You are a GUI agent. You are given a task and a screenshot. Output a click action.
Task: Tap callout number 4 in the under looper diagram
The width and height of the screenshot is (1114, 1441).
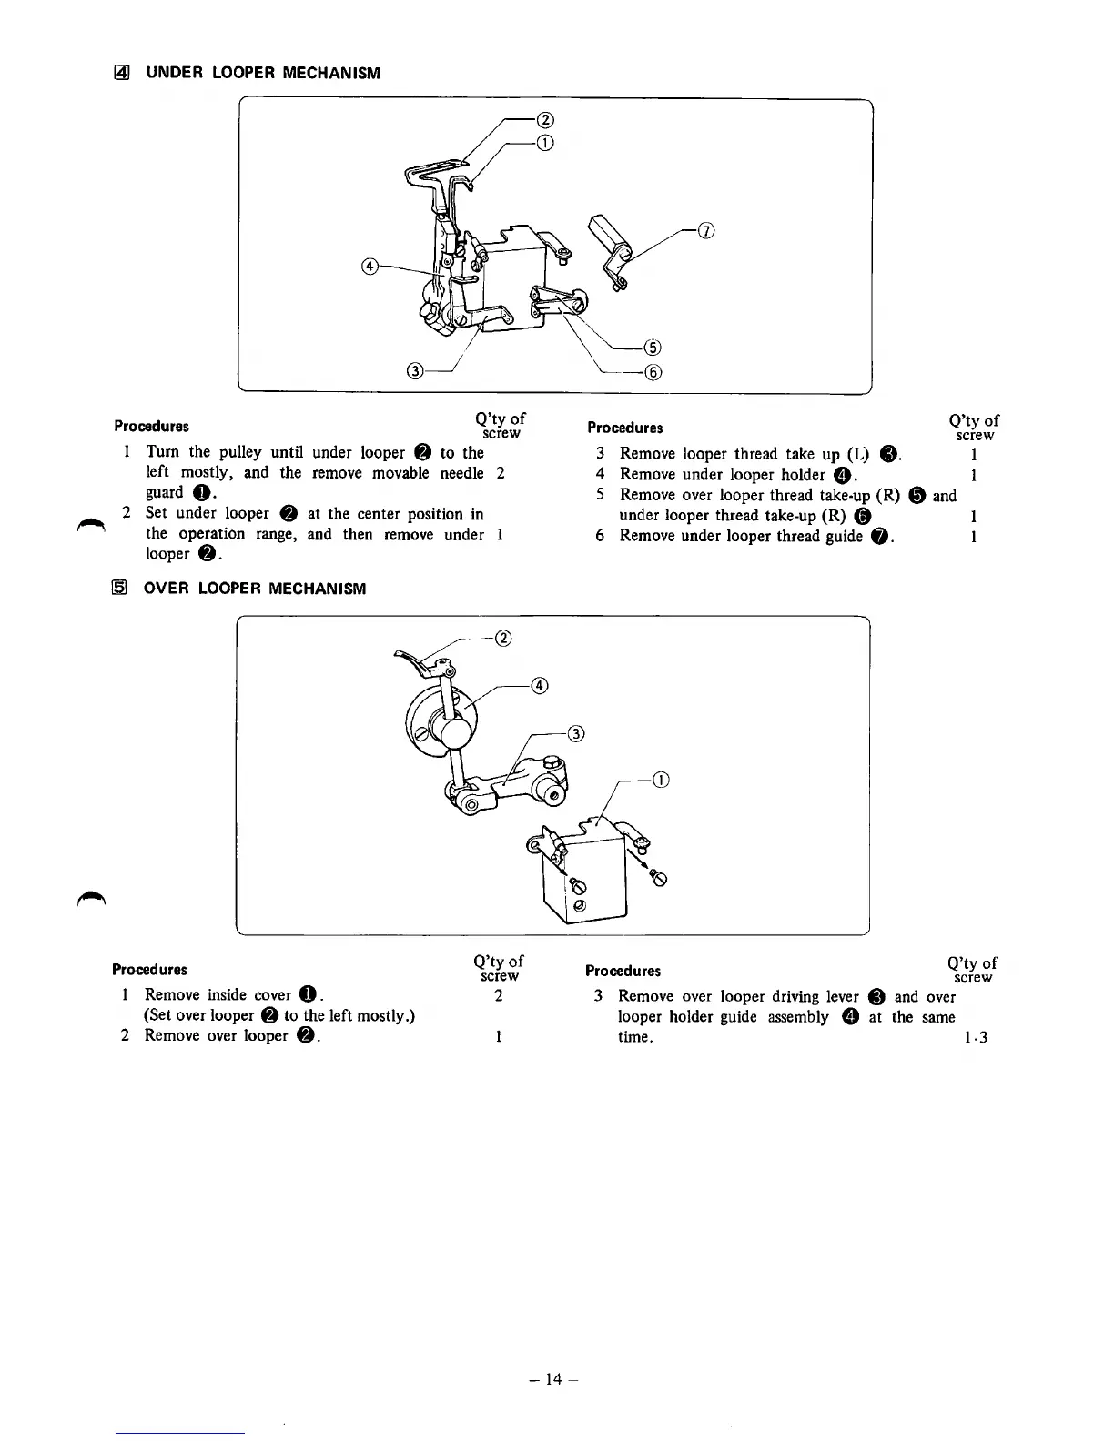point(369,266)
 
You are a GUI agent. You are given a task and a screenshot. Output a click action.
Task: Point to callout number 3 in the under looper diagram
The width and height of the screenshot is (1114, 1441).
point(415,370)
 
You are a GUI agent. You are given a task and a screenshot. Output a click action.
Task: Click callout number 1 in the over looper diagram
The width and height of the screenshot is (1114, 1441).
point(662,780)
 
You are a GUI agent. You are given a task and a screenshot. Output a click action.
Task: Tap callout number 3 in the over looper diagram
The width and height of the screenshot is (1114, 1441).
point(575,733)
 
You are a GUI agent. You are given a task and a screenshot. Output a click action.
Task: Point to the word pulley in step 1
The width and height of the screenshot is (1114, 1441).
point(240,452)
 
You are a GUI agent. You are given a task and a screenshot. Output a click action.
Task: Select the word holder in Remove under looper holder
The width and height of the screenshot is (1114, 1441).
point(803,474)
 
